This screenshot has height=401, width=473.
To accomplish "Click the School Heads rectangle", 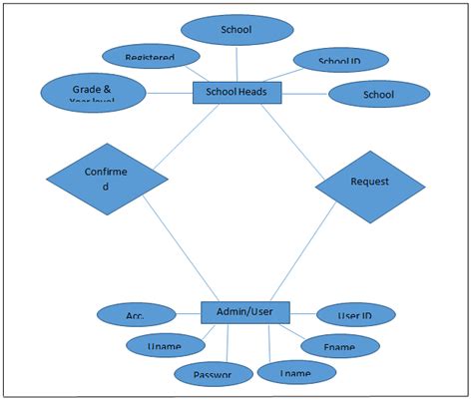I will (236, 93).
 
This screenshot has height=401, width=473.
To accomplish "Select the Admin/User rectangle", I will (244, 313).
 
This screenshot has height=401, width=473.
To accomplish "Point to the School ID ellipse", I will (339, 62).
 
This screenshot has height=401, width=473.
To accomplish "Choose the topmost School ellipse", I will (236, 30).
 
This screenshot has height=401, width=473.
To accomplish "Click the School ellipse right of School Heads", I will (378, 95).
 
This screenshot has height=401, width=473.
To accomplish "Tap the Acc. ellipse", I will (136, 315).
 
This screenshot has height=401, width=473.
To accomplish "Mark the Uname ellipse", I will (163, 345).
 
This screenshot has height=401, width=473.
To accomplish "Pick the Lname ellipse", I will (296, 372).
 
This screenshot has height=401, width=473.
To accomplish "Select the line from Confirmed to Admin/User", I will (176, 251).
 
